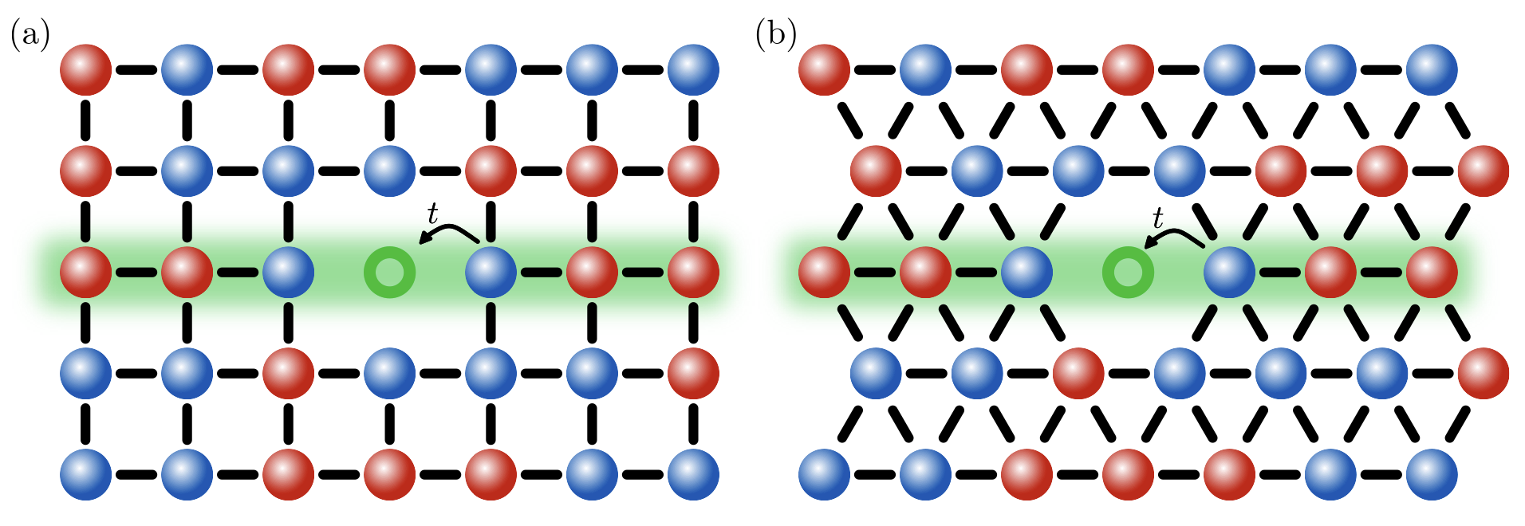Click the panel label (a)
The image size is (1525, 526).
[x=30, y=36]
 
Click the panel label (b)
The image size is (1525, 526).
[x=775, y=36]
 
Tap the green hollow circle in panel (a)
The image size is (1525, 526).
[x=390, y=273]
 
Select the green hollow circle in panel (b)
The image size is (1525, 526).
[x=1128, y=273]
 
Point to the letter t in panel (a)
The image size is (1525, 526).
[x=432, y=214]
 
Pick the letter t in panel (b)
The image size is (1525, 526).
[x=1158, y=218]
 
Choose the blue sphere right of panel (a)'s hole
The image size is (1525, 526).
[x=491, y=273]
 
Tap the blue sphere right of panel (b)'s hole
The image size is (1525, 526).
[x=1229, y=273]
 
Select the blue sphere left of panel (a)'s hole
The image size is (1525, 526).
[x=288, y=273]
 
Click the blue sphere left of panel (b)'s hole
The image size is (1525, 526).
[x=1027, y=273]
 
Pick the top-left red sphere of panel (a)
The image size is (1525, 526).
[x=85, y=70]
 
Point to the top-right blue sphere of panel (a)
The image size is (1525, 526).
[x=693, y=70]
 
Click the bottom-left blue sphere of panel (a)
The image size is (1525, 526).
[x=85, y=474]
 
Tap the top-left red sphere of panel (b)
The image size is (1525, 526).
[x=824, y=70]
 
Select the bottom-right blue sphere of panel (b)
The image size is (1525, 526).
[x=1432, y=474]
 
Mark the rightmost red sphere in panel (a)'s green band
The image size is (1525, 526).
[x=693, y=273]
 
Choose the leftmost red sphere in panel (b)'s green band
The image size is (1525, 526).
[x=824, y=273]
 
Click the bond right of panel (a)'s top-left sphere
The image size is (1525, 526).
[x=136, y=70]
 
